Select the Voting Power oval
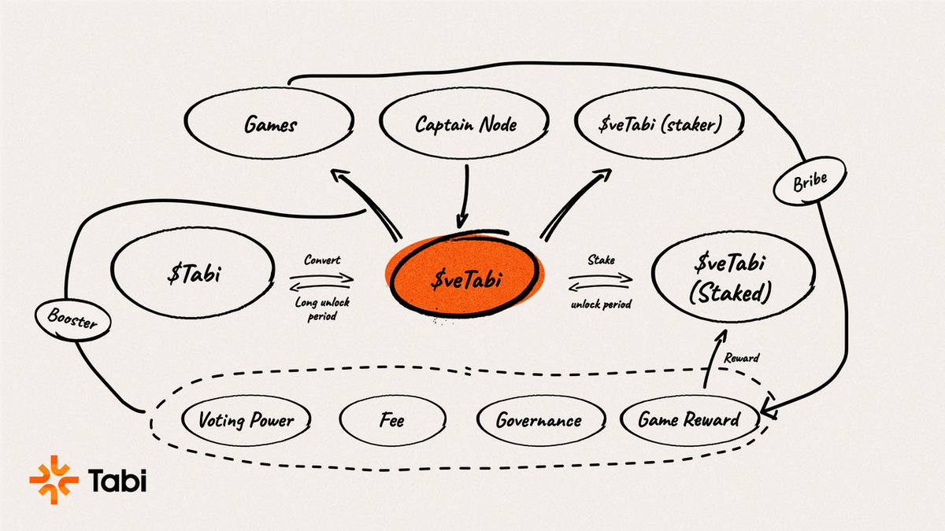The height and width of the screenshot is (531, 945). point(246,419)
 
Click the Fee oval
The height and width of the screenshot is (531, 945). point(392,421)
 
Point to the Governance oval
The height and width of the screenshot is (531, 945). point(539,420)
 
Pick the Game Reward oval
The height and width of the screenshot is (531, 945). point(688,419)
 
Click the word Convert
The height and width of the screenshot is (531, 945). point(322,260)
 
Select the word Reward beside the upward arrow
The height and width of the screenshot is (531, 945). point(742,358)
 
